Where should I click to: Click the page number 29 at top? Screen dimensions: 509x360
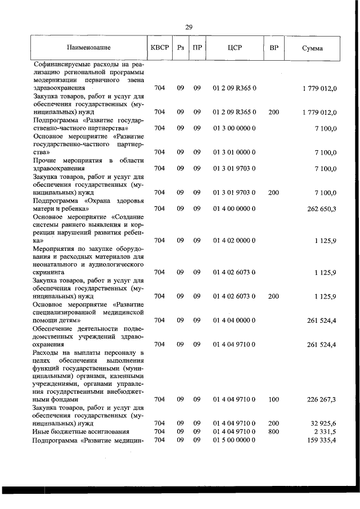click(x=189, y=26)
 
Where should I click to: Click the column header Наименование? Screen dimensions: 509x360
click(x=88, y=48)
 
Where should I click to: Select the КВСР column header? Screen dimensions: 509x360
click(x=160, y=48)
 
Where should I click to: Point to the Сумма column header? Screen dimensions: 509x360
click(x=312, y=48)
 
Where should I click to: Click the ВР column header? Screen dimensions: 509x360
click(x=274, y=48)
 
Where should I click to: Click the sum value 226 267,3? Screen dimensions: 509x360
click(x=319, y=399)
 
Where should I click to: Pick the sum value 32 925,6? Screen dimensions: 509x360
click(x=321, y=423)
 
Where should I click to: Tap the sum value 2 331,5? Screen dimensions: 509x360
click(x=323, y=431)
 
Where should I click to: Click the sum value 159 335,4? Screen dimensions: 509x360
click(x=319, y=439)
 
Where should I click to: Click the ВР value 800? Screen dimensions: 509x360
click(x=274, y=431)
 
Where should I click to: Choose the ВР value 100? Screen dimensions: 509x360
click(x=274, y=399)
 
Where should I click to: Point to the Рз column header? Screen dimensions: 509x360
click(x=181, y=48)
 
